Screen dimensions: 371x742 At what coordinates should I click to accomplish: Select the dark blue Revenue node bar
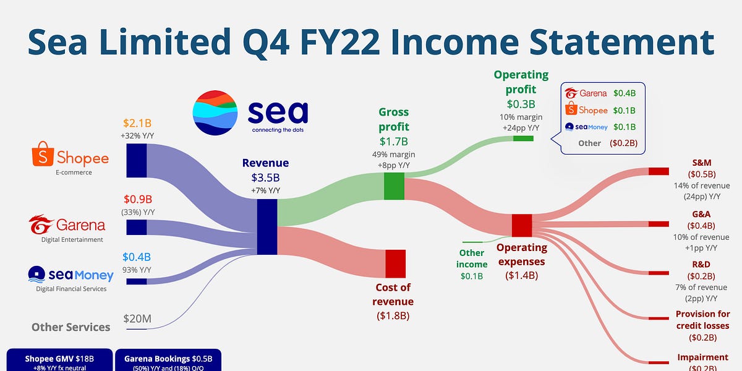click(267, 226)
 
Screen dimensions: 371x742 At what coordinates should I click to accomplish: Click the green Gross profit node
click(394, 186)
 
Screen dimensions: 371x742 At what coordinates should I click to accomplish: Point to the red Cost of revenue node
click(395, 263)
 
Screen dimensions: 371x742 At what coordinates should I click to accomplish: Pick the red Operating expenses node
click(522, 225)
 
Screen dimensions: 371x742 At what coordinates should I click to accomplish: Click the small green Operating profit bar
click(523, 138)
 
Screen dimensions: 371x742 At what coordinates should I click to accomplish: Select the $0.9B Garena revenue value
click(138, 199)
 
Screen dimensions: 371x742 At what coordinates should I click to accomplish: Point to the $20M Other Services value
click(137, 319)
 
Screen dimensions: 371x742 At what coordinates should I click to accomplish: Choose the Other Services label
click(70, 327)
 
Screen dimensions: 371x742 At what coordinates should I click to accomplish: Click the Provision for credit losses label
click(702, 320)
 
